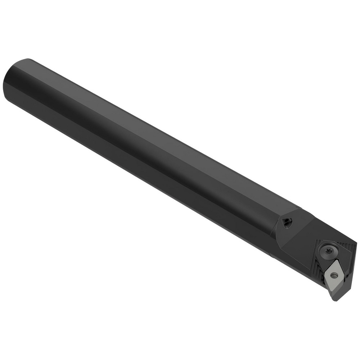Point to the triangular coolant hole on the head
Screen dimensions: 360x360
coord(287,223)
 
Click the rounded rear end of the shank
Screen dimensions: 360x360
coord(14,81)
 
